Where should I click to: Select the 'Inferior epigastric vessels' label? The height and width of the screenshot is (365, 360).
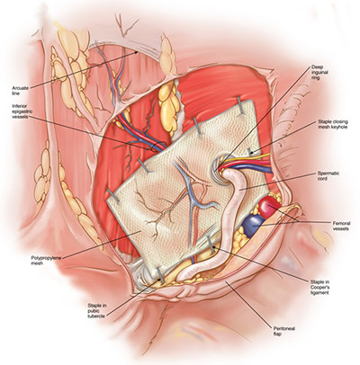point(22,111)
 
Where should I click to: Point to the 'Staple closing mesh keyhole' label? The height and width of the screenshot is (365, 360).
point(333,124)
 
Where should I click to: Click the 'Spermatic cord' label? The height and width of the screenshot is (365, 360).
point(325,175)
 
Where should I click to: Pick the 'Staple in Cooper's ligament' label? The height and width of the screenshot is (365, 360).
point(319,287)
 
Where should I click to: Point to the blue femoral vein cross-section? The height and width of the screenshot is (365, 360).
point(253,226)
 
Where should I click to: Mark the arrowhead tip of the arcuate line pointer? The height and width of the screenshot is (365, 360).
point(139,51)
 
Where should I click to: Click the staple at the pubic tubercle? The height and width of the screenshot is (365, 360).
point(160,274)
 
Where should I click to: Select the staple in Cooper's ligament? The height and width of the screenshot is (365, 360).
point(211,244)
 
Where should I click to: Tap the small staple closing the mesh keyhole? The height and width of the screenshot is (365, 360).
point(249,151)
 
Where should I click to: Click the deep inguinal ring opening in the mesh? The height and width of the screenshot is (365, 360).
point(221,170)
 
